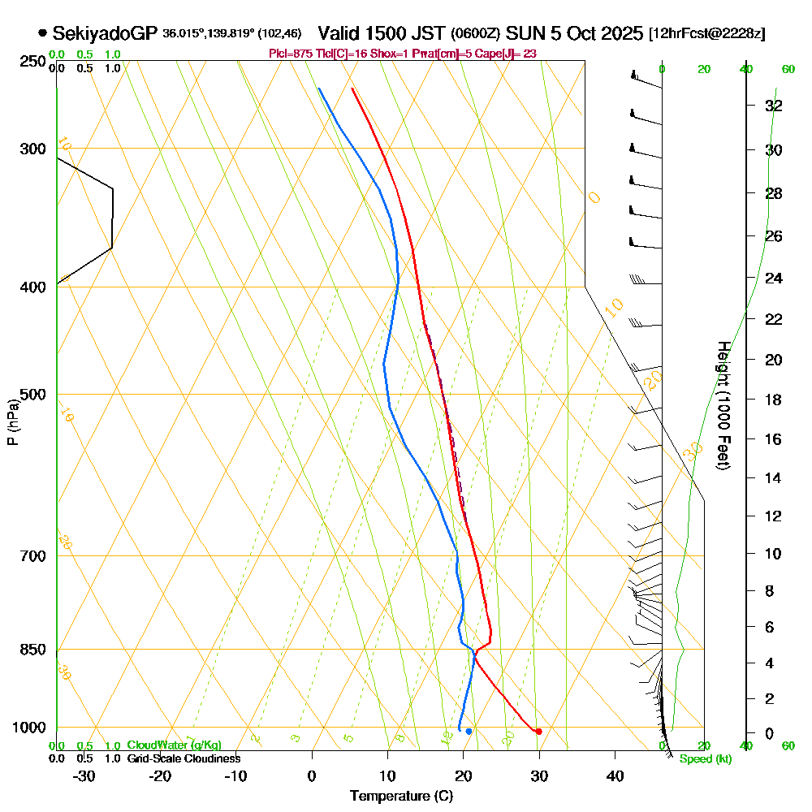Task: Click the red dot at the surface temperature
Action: [x=538, y=732]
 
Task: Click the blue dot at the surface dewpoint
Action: [x=469, y=732]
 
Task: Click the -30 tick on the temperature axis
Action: [x=84, y=775]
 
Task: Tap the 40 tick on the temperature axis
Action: [x=615, y=775]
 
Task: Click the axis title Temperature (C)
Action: [x=401, y=797]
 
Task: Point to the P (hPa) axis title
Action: [x=12, y=422]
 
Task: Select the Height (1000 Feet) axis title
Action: [x=722, y=405]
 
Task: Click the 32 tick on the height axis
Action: [x=774, y=106]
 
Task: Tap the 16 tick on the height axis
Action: [x=774, y=439]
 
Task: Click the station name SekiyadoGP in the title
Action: [x=105, y=33]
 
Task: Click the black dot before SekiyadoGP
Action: [x=41, y=33]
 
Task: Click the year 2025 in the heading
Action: [x=616, y=33]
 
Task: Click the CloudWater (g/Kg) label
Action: [x=173, y=745]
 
